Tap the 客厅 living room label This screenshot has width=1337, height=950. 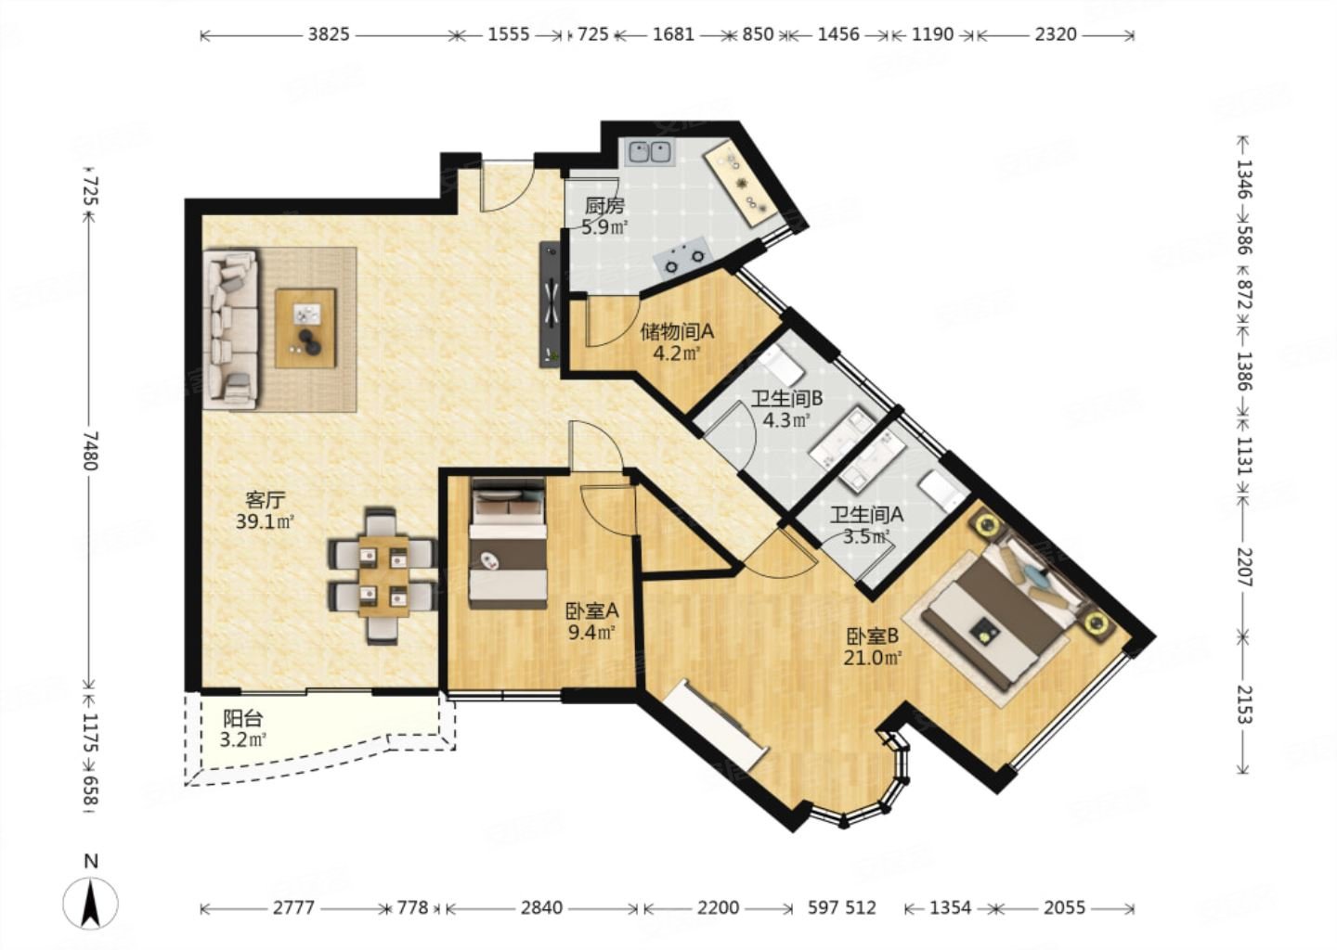265,498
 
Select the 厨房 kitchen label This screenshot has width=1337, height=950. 604,206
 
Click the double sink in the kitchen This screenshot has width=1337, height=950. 649,152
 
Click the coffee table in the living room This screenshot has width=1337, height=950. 305,328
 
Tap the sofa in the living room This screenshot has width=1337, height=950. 231,329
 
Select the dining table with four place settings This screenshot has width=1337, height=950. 383,576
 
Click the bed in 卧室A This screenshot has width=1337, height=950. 508,543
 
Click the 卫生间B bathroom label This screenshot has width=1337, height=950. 786,398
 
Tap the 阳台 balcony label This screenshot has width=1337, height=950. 243,718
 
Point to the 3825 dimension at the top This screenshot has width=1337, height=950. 329,34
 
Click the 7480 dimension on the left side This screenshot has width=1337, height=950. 89,451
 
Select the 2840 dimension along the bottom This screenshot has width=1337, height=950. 541,907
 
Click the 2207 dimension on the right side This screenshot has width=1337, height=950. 1242,567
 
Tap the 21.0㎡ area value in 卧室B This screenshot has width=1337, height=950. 872,659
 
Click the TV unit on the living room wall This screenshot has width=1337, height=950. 550,303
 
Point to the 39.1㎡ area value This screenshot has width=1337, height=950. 265,521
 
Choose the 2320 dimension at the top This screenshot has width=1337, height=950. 1056,34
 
